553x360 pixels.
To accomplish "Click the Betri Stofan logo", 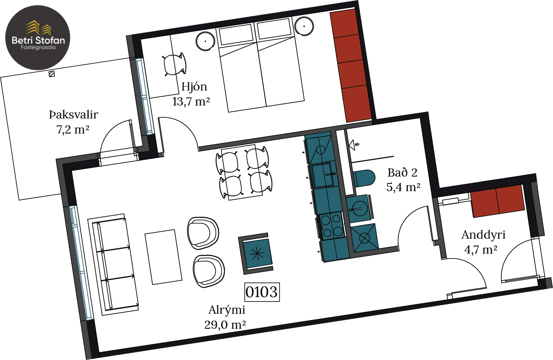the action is [x=38, y=37].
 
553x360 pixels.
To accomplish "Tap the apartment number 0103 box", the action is [x=262, y=292].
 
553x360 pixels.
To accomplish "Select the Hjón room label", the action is [x=194, y=87].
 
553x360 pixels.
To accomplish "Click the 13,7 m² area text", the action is [x=191, y=101].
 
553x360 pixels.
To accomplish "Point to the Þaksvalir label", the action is [x=73, y=114].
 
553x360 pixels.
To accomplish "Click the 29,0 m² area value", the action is [x=225, y=325].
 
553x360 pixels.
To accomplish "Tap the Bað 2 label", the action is [x=402, y=172].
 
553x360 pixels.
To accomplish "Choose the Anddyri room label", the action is [x=483, y=235].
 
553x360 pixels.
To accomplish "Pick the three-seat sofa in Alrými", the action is [x=113, y=265].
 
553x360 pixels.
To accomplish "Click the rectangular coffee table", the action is [x=164, y=257].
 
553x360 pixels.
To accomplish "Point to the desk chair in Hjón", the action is [x=175, y=64].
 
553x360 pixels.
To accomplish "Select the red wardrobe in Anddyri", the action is [x=497, y=201].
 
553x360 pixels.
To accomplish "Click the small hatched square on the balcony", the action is [x=52, y=74].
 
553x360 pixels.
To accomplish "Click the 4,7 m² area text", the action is [x=481, y=250].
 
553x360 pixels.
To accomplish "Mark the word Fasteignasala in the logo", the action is [x=38, y=47].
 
